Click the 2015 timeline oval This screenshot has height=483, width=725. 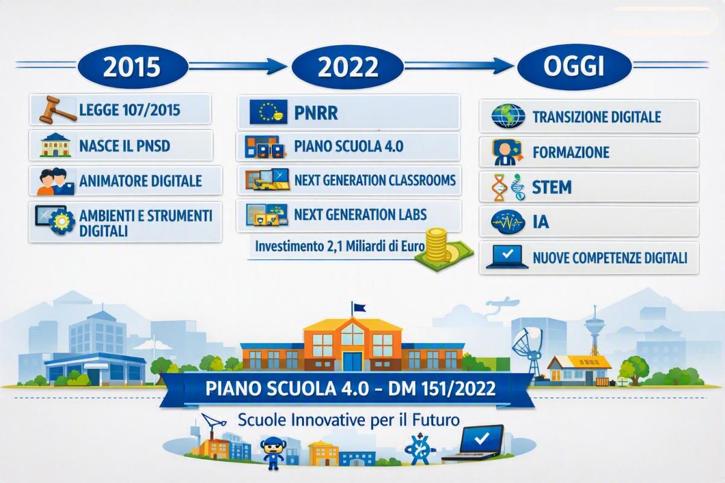point(133,66)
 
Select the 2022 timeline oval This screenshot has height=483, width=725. point(347,66)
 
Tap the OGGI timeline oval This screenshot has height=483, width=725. point(574,66)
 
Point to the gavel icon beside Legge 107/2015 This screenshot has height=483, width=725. point(57,110)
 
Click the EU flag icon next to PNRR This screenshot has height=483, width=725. point(269,112)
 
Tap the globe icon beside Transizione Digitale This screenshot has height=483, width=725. point(508,116)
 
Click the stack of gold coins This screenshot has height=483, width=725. point(437,245)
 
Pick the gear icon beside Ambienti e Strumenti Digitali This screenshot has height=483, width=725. point(61,221)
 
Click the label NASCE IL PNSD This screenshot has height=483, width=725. point(124,146)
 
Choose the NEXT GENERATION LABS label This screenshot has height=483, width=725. point(360,214)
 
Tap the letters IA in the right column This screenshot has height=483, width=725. point(541,222)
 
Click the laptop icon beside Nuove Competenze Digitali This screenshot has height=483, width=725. point(507,257)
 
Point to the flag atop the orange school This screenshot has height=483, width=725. point(359,307)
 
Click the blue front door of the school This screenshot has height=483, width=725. point(352,362)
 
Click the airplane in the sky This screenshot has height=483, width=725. point(502,302)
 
